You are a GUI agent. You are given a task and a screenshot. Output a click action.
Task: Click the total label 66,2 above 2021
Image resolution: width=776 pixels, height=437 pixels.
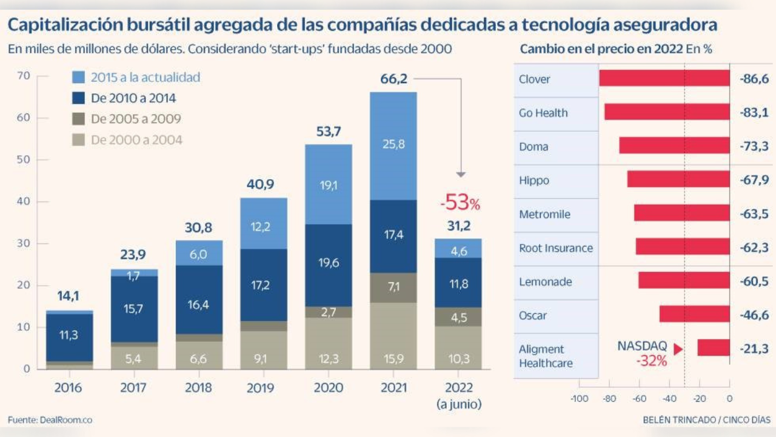click(x=393, y=80)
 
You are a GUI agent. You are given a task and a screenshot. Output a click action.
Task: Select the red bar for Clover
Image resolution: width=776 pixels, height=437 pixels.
click(x=664, y=78)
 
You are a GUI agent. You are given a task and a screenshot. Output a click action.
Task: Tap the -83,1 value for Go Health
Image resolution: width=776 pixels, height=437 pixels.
click(x=754, y=112)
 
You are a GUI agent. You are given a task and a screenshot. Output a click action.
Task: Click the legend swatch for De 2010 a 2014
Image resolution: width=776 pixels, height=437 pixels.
click(x=78, y=98)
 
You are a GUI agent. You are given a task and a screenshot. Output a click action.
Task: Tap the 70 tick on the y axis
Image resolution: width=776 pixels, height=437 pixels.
click(x=24, y=76)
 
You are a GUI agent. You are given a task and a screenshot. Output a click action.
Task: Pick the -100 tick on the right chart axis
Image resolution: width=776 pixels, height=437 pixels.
click(x=580, y=399)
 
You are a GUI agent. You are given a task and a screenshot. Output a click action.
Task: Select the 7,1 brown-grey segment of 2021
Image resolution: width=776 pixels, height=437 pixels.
click(x=393, y=287)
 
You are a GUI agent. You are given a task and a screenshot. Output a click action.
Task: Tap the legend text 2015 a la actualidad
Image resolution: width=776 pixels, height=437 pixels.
click(x=145, y=77)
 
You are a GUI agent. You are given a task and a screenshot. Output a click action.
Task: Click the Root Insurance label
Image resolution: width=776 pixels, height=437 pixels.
click(x=556, y=248)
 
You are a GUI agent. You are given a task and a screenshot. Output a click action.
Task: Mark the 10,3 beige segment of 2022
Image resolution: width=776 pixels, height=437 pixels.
click(x=459, y=359)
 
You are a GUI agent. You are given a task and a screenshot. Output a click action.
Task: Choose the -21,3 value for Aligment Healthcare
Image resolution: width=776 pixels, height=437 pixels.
click(x=754, y=349)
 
